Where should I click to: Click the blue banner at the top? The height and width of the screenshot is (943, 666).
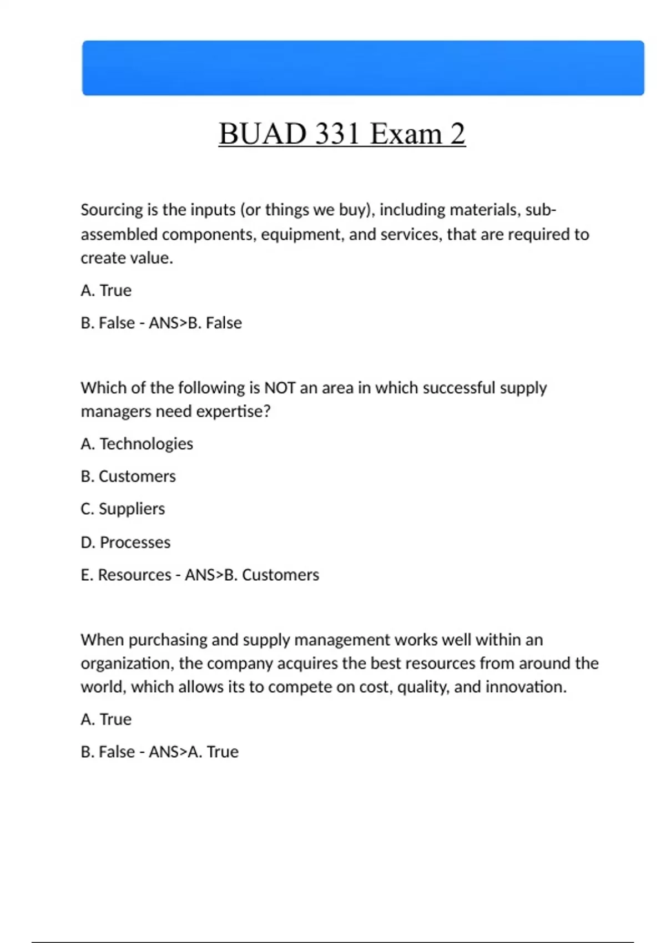tap(363, 68)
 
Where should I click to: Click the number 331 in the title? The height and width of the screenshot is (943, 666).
tap(337, 134)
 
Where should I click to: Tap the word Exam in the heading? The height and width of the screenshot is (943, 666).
tap(406, 134)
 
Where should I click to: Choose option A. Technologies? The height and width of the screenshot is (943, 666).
tap(137, 444)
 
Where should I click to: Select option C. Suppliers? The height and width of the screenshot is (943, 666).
tap(123, 509)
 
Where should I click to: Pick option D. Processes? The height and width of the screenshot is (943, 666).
tap(125, 542)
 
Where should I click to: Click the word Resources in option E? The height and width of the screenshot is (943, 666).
tap(134, 575)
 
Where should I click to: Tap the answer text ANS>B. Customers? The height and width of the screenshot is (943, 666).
tap(252, 575)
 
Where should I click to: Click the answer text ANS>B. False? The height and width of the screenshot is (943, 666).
tap(195, 323)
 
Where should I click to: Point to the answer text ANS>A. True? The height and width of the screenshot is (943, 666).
tap(194, 752)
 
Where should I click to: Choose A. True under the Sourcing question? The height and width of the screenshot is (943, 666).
tap(106, 290)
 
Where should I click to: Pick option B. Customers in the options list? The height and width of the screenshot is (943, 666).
tap(128, 476)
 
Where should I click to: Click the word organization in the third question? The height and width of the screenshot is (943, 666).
tap(127, 663)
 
